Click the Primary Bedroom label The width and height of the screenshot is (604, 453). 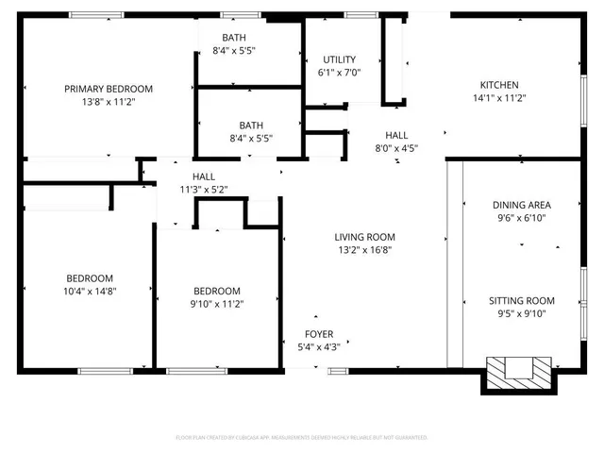coord(109,89)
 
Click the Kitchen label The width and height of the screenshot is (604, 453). coord(499,84)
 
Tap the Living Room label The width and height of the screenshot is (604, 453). coord(364,237)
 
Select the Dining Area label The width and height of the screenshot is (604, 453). coord(521,205)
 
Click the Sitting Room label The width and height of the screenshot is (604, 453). coord(521,300)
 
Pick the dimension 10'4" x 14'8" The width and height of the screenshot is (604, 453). coord(90,292)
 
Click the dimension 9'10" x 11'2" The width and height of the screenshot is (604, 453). coord(217,304)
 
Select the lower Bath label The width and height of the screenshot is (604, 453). coord(251,125)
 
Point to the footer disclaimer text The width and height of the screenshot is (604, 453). coord(302,438)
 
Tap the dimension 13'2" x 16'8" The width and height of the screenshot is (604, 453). coord(364,250)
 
